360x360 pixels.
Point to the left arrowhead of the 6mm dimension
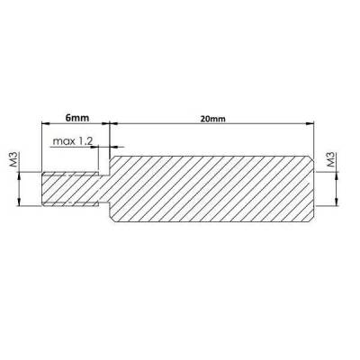click(46, 125)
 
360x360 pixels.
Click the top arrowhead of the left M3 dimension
click(19, 175)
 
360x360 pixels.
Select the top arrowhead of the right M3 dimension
click(336, 175)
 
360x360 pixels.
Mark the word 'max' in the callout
click(63, 141)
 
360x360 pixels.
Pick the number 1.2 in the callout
click(86, 141)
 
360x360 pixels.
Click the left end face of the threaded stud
click(43, 191)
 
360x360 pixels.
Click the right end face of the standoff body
click(313, 191)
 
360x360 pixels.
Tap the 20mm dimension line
click(252, 125)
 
